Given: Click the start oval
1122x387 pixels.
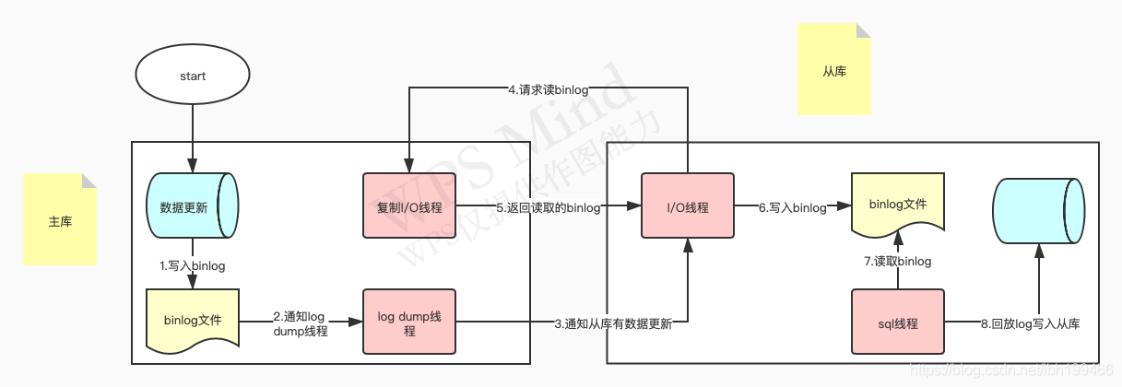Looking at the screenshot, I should tap(193, 76).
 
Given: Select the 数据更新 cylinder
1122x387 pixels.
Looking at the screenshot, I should tap(192, 207).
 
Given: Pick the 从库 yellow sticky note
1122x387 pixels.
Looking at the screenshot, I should tap(833, 71).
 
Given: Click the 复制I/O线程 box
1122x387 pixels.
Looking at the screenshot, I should tap(409, 206).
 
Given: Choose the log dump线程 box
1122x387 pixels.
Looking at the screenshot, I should tap(409, 322).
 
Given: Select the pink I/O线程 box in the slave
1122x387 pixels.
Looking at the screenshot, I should tap(687, 207).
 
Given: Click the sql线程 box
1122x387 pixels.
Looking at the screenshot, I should tap(898, 322).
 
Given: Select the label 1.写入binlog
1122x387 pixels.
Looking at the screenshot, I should tap(192, 265).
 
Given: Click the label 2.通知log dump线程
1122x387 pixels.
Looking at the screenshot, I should tap(301, 322).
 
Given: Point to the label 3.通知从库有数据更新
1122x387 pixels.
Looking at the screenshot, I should tap(613, 323).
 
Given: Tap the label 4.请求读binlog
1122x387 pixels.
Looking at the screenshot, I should tap(549, 89).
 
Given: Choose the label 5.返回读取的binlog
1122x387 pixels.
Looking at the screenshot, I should tap(549, 207).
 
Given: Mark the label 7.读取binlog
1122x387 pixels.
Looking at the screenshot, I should tap(898, 262).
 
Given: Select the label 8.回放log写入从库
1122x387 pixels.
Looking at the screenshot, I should tap(1030, 323).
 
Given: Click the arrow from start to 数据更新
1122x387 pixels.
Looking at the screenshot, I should tap(193, 138).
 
